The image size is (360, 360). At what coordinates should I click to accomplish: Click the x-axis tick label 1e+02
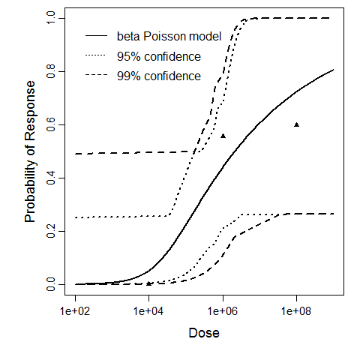(74, 310)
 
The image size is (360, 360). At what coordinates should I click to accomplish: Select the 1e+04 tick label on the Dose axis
(148, 310)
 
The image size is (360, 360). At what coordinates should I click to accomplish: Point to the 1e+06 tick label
(223, 310)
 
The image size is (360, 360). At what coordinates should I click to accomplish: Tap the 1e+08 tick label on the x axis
(297, 310)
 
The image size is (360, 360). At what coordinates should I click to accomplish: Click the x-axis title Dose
(203, 332)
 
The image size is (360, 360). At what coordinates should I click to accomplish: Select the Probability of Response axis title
(29, 151)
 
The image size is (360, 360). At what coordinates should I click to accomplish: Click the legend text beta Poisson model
(169, 36)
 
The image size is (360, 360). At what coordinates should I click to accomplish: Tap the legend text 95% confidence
(158, 56)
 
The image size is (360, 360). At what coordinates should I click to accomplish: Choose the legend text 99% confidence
(158, 76)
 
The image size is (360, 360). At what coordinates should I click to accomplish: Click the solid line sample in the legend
(97, 36)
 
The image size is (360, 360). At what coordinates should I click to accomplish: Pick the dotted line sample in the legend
(97, 56)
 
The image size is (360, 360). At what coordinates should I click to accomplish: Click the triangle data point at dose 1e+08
(297, 124)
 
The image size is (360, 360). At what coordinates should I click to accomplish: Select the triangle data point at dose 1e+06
(223, 136)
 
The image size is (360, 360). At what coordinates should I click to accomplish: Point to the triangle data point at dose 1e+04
(148, 283)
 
